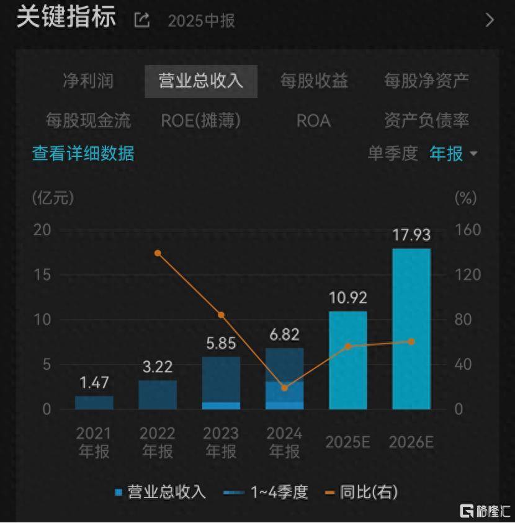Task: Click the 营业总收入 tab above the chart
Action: tap(201, 81)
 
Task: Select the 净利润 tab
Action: tap(88, 81)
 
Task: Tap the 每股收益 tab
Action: tap(314, 81)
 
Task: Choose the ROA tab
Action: tap(313, 120)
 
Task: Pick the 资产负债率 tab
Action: tap(426, 120)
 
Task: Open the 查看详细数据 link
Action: tap(83, 153)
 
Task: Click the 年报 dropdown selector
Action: tap(454, 153)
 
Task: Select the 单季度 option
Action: tap(393, 153)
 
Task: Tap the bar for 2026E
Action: tap(411, 329)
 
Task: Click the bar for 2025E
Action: tap(348, 360)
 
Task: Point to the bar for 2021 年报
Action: tap(94, 403)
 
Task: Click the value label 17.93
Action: tap(411, 235)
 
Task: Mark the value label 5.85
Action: tap(221, 343)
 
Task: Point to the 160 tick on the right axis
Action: tap(468, 230)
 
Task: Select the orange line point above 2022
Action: tap(158, 253)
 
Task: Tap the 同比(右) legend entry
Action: tap(361, 493)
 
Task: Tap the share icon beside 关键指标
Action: tap(142, 20)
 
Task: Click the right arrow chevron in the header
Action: tap(490, 20)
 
